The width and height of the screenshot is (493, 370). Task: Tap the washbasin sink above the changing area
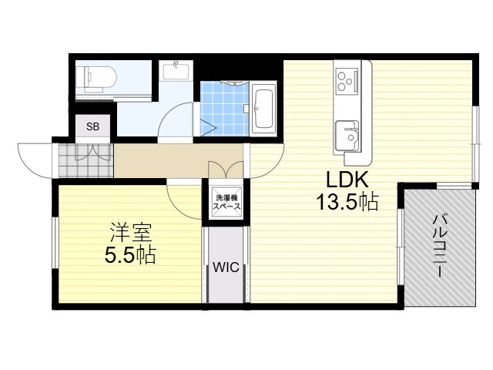tap(176, 71)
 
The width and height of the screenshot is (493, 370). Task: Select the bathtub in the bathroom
tap(263, 109)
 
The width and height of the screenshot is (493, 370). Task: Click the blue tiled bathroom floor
tap(224, 109)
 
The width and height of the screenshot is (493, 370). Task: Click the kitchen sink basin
tap(347, 136)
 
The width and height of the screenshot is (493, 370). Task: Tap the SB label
tap(92, 126)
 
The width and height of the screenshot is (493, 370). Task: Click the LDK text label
tap(347, 180)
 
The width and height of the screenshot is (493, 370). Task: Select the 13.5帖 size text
tap(347, 202)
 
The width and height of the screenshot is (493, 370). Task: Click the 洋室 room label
tap(130, 233)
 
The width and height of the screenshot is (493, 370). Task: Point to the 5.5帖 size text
tap(130, 255)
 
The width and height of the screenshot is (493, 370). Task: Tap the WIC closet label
tap(226, 267)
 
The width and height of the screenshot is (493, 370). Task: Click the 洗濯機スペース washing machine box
tap(227, 202)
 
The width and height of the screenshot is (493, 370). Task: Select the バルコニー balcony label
tap(438, 246)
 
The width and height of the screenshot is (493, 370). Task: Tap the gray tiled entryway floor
tap(86, 160)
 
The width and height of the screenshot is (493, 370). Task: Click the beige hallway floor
tap(178, 160)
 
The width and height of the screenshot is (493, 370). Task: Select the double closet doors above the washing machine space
tap(226, 170)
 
